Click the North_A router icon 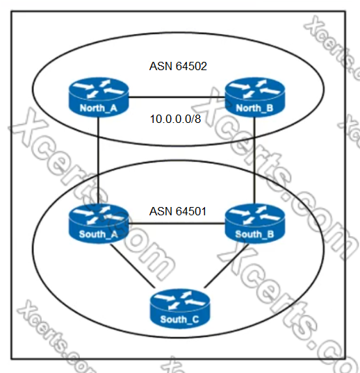coord(99,97)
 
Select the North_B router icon coord(255,97)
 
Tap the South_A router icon coord(99,224)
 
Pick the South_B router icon coord(255,224)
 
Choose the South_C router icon coord(180,308)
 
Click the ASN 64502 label coord(178,66)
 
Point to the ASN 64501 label coord(178,211)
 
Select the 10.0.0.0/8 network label coord(176,119)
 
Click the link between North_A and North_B coord(177,97)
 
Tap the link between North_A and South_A coord(98,160)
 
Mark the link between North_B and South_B coord(254,160)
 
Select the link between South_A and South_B coord(177,224)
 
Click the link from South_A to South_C coord(132,265)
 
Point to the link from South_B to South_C coord(227,265)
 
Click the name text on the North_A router coord(99,108)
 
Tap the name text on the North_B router coord(254,108)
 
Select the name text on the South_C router coord(179,320)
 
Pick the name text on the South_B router coord(254,234)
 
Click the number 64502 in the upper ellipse coord(191,66)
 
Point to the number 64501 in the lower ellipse coord(191,211)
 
